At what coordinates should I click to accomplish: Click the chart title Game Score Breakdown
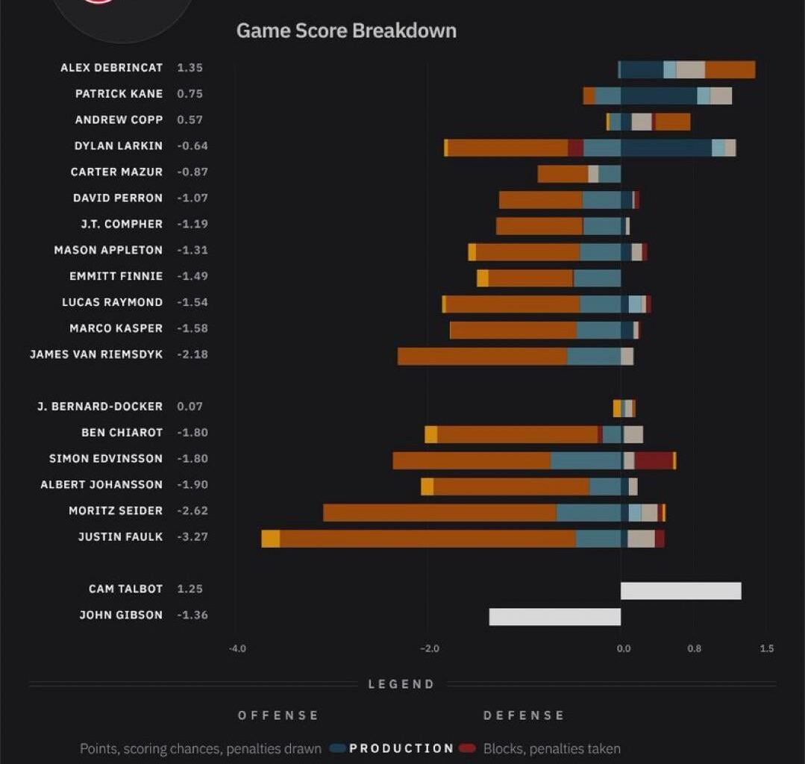click(346, 31)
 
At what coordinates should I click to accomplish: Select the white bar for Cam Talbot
click(680, 591)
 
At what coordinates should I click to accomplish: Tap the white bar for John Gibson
click(554, 616)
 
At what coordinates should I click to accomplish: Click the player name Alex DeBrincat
click(111, 68)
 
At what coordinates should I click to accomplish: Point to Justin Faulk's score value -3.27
click(192, 537)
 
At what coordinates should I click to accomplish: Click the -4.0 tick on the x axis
click(237, 648)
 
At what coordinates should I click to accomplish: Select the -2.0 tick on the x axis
click(430, 648)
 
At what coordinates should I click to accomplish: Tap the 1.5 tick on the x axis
click(766, 648)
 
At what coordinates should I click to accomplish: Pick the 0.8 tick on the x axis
click(694, 648)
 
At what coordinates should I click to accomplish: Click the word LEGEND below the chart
click(401, 684)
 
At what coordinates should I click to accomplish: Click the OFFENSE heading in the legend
click(278, 716)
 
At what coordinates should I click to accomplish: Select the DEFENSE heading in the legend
click(524, 716)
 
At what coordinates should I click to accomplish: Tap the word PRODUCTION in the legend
click(401, 748)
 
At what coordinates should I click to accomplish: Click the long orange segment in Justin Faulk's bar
click(427, 539)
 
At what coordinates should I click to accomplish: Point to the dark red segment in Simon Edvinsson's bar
click(654, 460)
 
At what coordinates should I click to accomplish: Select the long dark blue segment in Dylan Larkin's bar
click(665, 148)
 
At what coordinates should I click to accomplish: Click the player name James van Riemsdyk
click(96, 354)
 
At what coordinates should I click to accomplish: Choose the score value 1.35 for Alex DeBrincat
click(189, 68)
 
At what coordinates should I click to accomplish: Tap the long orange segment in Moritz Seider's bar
click(439, 513)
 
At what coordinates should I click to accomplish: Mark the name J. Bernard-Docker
click(99, 407)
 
